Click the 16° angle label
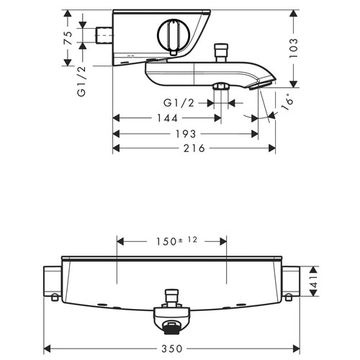point(286,102)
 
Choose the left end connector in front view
point(52,282)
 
